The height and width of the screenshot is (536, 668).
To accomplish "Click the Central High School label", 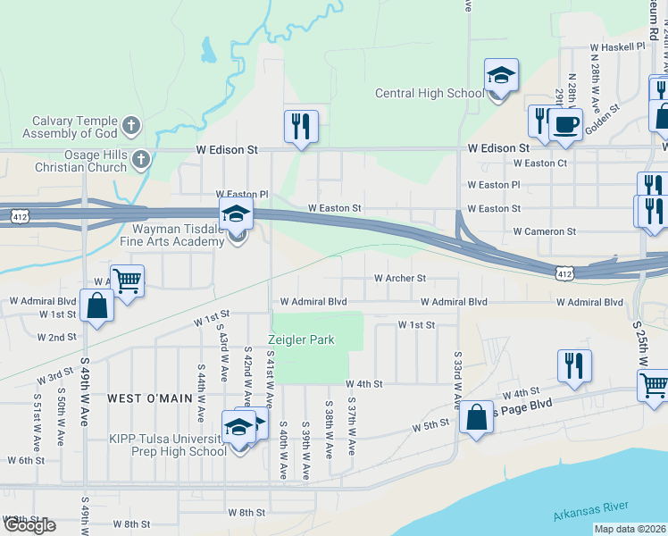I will [x=430, y=93].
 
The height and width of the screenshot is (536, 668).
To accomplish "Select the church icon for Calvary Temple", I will [x=131, y=125].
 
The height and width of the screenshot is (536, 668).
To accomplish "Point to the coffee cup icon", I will [x=565, y=124].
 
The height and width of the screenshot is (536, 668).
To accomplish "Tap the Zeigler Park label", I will [x=302, y=339].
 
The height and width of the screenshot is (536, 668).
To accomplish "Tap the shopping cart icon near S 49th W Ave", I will [x=127, y=281].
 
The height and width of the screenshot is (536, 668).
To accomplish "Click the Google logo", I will [x=29, y=525].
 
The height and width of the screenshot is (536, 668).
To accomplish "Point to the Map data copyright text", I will [x=630, y=529].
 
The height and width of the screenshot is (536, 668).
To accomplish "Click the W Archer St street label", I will [x=399, y=279].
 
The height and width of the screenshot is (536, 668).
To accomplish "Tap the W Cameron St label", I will [x=544, y=231].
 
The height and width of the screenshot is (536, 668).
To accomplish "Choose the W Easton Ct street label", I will [x=540, y=163].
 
